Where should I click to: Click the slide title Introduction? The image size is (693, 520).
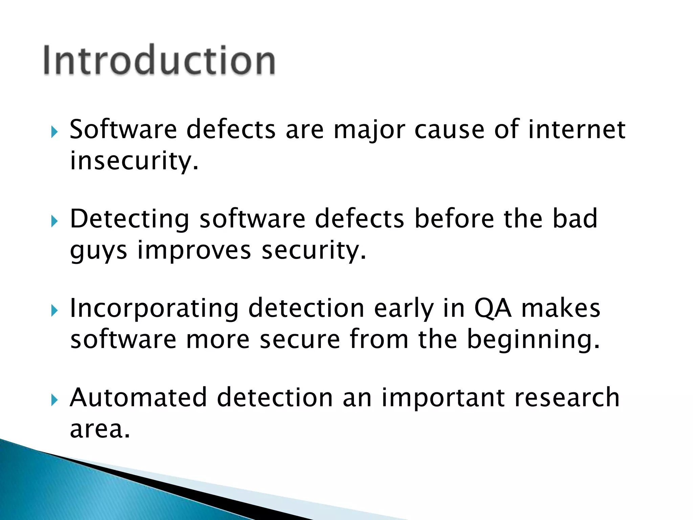click(x=159, y=60)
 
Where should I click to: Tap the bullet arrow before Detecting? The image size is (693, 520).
click(x=54, y=221)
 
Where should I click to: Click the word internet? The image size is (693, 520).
click(x=577, y=129)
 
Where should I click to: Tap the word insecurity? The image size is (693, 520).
click(x=134, y=161)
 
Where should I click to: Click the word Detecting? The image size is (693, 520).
click(x=130, y=219)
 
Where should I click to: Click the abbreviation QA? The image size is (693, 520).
click(x=493, y=309)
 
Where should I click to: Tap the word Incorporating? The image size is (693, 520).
click(x=154, y=309)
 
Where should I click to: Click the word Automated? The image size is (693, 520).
click(x=138, y=397)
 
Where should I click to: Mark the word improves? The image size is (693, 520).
click(x=194, y=251)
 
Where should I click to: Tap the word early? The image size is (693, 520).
click(x=404, y=309)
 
